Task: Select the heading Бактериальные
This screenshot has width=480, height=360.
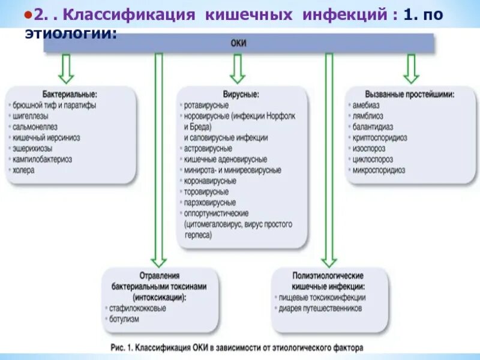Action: tap(69, 94)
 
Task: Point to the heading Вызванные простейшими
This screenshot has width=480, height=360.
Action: tap(410, 94)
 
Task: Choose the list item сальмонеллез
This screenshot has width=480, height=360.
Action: tap(35, 127)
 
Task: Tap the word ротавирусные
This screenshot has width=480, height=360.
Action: tap(206, 105)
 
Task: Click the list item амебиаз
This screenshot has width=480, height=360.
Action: tap(364, 105)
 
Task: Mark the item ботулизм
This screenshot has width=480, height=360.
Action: tap(124, 319)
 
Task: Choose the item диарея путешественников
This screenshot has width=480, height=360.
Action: tap(320, 308)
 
